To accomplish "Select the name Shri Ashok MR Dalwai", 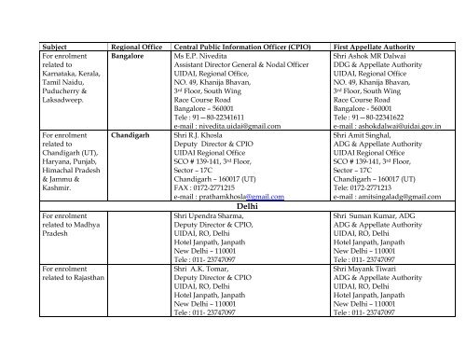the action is click(371, 55).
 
